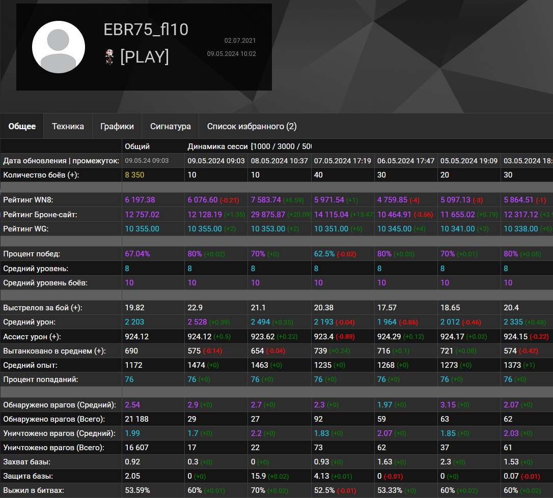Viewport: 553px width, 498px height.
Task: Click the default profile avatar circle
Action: click(x=59, y=47)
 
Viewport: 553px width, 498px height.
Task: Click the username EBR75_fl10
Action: click(x=146, y=30)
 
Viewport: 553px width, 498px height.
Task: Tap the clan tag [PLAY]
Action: click(x=145, y=57)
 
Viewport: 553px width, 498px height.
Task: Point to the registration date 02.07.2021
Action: click(x=240, y=41)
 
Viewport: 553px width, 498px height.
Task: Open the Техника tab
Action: click(x=68, y=126)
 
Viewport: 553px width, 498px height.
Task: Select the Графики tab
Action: click(x=117, y=126)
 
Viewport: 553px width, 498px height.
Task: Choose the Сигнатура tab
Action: click(x=171, y=126)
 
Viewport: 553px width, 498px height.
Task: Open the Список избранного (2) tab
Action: click(x=252, y=126)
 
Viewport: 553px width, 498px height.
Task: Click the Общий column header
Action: click(x=137, y=147)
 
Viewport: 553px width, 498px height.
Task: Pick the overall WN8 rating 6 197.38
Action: click(x=140, y=200)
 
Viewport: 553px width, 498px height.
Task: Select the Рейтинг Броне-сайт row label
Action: click(x=40, y=215)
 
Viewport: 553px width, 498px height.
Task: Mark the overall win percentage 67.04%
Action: click(x=137, y=253)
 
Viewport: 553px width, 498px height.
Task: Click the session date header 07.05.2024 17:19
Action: click(x=342, y=161)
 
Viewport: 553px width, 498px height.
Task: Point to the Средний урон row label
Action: click(x=30, y=322)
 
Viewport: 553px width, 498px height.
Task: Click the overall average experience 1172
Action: click(x=133, y=365)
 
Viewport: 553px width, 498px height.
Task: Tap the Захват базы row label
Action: click(x=26, y=462)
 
